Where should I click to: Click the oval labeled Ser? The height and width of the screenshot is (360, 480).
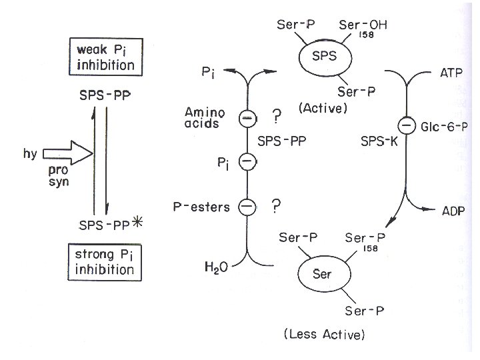(321, 273)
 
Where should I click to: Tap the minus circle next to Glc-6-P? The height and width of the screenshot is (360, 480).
(404, 124)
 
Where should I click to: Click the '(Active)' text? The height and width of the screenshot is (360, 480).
(323, 108)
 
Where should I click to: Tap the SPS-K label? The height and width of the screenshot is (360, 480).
(375, 142)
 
